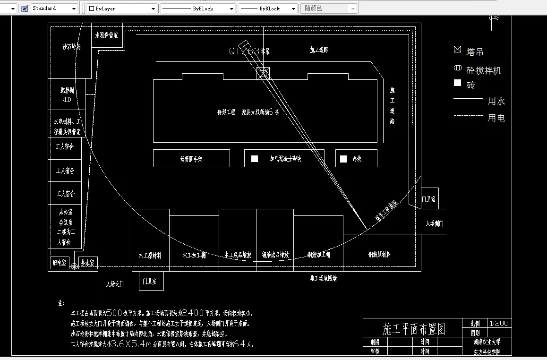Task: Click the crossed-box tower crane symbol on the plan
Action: click(263, 73)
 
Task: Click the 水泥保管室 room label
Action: click(106, 35)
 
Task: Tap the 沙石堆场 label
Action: click(71, 47)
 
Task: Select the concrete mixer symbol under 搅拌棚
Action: click(67, 100)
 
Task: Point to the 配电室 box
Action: click(60, 263)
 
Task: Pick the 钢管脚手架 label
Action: click(191, 159)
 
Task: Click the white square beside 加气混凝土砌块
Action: click(255, 159)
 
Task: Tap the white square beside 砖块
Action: click(343, 159)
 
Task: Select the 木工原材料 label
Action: click(150, 255)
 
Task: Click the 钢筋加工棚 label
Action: click(319, 255)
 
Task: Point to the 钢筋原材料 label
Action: click(379, 255)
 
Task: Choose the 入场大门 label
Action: click(115, 284)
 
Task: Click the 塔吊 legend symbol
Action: click(457, 50)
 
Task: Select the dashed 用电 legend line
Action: click(468, 116)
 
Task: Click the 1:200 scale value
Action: click(499, 324)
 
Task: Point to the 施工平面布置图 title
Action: click(414, 329)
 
